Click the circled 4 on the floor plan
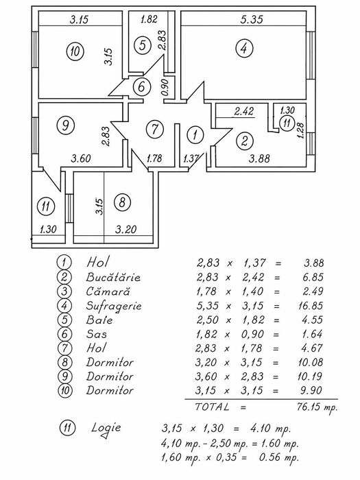(x=244, y=49)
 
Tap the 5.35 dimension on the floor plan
(x=252, y=20)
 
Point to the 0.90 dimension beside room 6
(x=165, y=87)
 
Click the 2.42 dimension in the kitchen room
(x=244, y=111)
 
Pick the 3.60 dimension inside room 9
(x=81, y=158)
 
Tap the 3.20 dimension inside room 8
(x=125, y=229)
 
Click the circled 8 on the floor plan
(x=122, y=202)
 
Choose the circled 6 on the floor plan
(x=141, y=86)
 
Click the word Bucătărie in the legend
(x=113, y=277)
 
